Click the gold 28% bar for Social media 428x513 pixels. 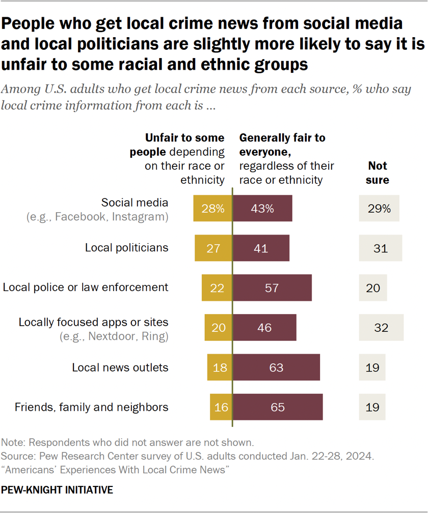(213, 208)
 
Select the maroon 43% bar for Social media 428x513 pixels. (263, 208)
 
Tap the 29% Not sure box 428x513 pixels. (379, 208)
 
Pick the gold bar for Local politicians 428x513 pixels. (213, 248)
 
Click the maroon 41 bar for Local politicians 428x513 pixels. (261, 248)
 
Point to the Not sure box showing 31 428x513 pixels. (380, 248)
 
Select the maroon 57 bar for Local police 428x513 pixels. (273, 288)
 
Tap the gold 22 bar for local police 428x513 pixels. (217, 288)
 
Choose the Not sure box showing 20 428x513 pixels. (372, 288)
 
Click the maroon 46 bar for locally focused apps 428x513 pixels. (265, 327)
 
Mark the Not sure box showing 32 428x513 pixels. (381, 327)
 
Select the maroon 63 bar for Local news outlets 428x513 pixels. (277, 367)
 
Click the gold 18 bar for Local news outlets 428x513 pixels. (220, 367)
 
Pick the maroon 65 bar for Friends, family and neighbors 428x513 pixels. (278, 407)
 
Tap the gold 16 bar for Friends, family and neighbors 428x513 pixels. (221, 407)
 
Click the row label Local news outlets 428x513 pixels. (120, 367)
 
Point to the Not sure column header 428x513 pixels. (378, 173)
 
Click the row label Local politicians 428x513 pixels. (126, 248)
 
